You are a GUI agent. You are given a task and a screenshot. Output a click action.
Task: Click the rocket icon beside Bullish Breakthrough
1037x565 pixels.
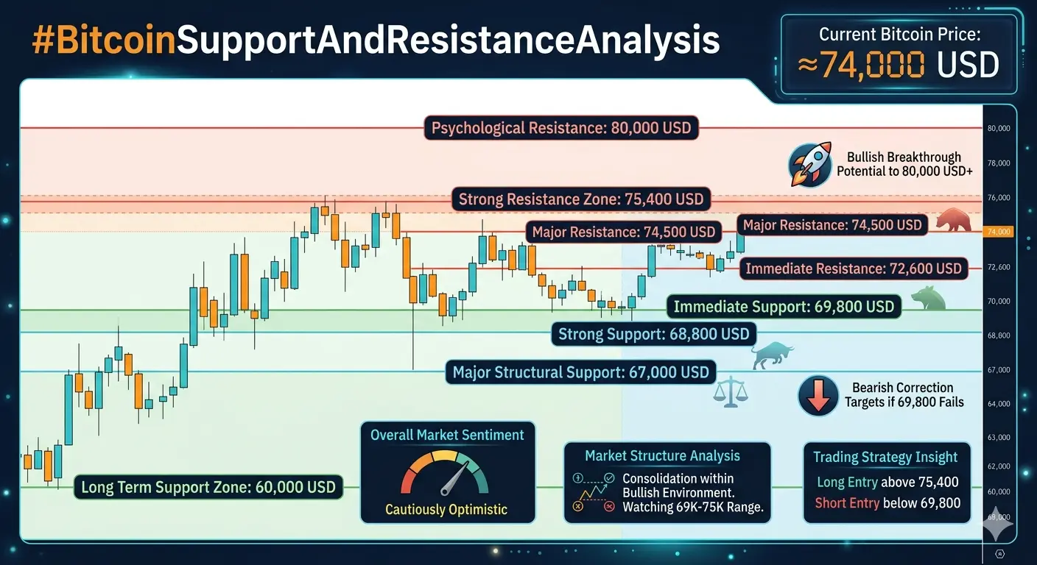click(810, 165)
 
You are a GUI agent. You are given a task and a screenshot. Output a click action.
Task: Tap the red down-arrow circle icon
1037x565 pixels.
click(818, 395)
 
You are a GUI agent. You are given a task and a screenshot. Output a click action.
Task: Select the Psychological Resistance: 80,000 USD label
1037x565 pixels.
click(561, 127)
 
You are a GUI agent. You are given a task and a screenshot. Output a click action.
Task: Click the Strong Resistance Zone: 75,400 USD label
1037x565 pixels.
click(581, 199)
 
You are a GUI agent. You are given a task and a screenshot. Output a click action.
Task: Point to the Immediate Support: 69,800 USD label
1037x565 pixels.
click(784, 307)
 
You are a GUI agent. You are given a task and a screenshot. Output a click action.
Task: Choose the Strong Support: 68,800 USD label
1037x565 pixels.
click(654, 334)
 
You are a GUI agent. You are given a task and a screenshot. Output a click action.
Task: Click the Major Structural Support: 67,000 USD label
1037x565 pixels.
click(580, 372)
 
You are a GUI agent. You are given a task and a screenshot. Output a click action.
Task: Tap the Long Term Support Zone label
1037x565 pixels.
click(208, 487)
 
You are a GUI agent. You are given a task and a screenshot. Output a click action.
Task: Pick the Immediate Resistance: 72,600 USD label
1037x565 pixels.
click(854, 269)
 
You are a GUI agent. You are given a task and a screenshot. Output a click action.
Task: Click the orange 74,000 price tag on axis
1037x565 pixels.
click(999, 232)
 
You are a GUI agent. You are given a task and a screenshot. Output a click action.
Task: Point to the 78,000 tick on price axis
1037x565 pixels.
click(999, 163)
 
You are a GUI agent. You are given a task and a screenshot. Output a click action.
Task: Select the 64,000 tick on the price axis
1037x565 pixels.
click(999, 404)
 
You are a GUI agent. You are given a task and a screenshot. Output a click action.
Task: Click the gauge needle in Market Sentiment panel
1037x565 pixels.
click(454, 478)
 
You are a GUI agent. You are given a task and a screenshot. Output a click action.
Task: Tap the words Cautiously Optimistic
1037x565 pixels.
click(446, 510)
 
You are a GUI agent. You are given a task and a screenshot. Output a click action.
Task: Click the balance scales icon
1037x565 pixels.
click(731, 391)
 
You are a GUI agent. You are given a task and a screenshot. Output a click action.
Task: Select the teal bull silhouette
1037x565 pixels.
click(772, 355)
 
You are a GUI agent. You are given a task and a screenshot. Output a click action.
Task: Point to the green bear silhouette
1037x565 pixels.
click(928, 298)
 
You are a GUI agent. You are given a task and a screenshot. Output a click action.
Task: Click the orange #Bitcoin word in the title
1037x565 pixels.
click(104, 40)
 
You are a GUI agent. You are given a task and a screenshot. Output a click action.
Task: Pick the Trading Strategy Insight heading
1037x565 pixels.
click(885, 457)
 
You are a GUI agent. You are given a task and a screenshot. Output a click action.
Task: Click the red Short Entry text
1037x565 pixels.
click(847, 502)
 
